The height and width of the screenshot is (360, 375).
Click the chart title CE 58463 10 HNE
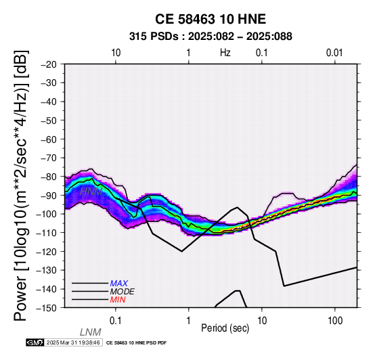[x=211, y=19]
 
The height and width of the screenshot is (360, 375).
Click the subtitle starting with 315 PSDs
[x=211, y=37]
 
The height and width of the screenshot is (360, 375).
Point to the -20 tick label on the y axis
[x=49, y=64]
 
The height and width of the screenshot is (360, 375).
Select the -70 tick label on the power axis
[x=49, y=158]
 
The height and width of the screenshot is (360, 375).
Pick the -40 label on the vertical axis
[x=49, y=102]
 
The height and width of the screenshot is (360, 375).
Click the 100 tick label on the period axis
[x=335, y=321]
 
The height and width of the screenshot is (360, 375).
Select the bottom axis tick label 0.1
[x=116, y=321]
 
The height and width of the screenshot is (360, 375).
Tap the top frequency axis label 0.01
[x=334, y=53]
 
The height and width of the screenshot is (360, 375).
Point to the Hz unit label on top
[x=225, y=53]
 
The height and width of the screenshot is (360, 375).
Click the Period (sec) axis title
[x=225, y=328]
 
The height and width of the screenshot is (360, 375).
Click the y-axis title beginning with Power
[x=21, y=185]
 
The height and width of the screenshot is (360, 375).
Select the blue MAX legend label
[x=119, y=284]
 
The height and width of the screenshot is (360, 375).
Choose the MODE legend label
[x=123, y=292]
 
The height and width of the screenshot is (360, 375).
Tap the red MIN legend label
[x=118, y=300]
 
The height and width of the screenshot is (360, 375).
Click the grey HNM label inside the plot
[x=91, y=192]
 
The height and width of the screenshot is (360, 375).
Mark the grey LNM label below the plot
[x=91, y=332]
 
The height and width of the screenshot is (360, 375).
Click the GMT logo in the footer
[x=35, y=343]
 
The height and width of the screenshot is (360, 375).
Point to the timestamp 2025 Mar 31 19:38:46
[x=73, y=343]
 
